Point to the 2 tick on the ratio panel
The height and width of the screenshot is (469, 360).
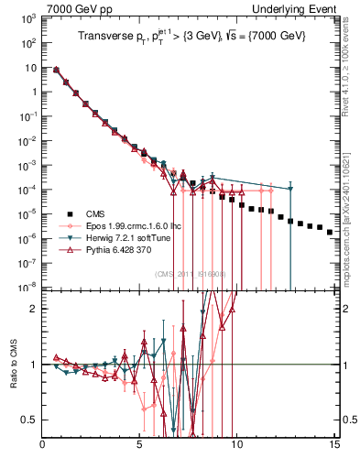pos(34,309)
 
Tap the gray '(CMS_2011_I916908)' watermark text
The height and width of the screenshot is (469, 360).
pos(192,274)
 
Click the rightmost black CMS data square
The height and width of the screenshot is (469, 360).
pos(330,233)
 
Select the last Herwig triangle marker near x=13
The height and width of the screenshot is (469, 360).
pos(290,189)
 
